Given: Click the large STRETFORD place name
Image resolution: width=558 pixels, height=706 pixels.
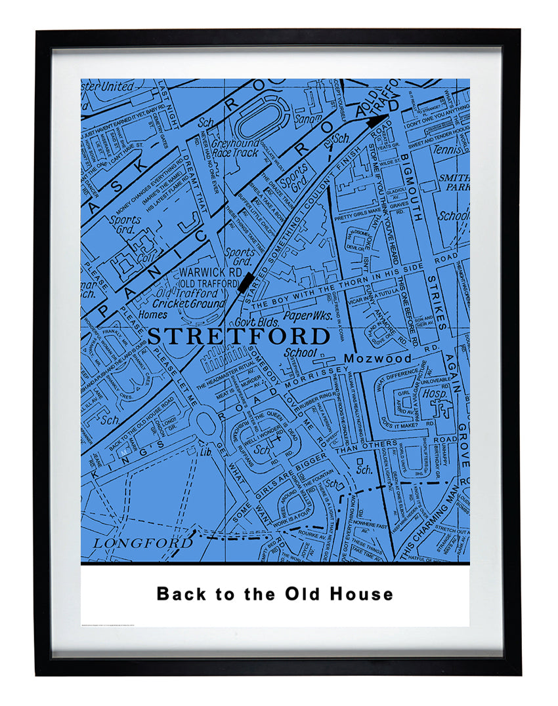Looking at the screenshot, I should pyautogui.click(x=238, y=336).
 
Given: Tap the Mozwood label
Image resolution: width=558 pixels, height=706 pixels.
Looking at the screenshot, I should pyautogui.click(x=378, y=359).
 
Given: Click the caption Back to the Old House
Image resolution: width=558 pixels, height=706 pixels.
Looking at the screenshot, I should pyautogui.click(x=274, y=594).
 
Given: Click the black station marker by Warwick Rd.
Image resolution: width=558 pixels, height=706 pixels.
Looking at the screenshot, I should pyautogui.click(x=246, y=283).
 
